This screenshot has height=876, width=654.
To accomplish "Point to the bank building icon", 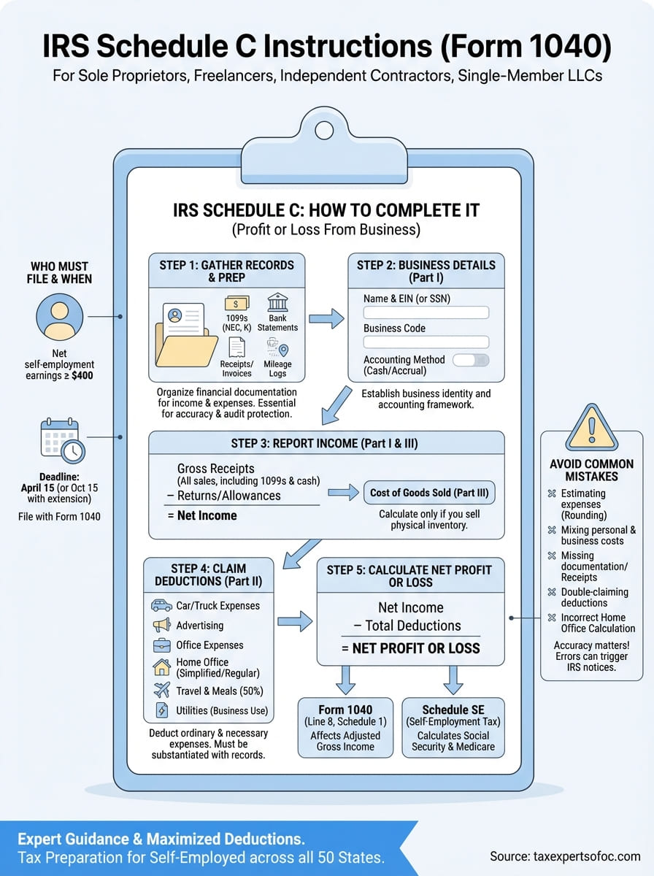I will click(x=277, y=303).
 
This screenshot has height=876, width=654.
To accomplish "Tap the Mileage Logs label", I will click(x=277, y=369).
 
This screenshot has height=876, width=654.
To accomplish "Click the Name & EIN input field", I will click(x=426, y=312).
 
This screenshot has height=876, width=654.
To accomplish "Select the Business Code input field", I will click(x=426, y=342).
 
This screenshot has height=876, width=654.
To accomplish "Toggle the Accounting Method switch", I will click(x=471, y=361).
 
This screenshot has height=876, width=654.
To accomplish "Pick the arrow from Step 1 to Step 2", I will click(x=326, y=318).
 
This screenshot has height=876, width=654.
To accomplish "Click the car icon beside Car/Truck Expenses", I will click(x=161, y=606).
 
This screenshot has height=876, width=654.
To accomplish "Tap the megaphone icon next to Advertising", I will click(x=161, y=626).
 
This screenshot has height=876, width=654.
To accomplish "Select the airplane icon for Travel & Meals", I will click(x=161, y=691).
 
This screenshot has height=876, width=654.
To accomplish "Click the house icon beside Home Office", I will click(x=161, y=666).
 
